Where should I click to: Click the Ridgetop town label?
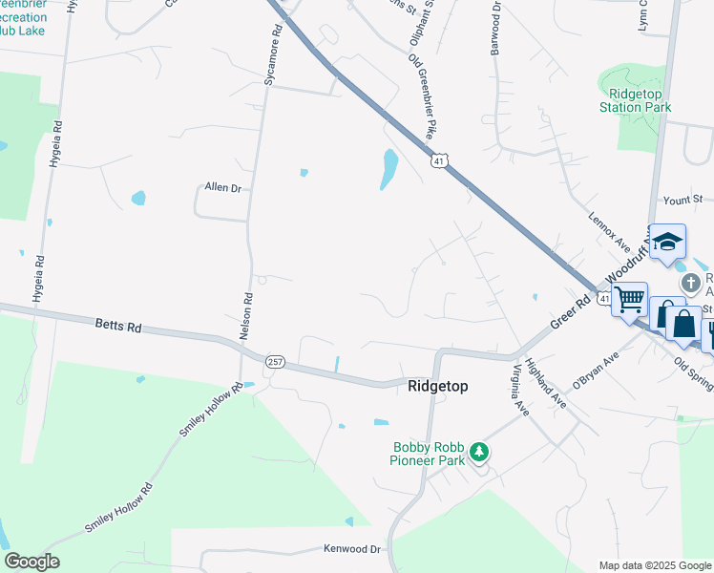pos(438,387)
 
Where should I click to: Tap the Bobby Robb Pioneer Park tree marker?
pos(481,451)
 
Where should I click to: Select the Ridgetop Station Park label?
pos(635,101)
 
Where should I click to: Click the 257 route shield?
pos(275,362)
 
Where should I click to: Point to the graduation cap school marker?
pos(668,243)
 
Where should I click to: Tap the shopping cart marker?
pos(629,300)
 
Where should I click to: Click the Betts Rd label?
pos(118,327)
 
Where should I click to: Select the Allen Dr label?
pos(222,188)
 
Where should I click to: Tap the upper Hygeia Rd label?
pos(58,139)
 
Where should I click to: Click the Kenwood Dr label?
pos(352,550)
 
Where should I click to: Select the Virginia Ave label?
pos(521,390)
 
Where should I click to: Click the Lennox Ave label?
pos(604,232)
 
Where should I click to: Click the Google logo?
pos(31,562)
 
